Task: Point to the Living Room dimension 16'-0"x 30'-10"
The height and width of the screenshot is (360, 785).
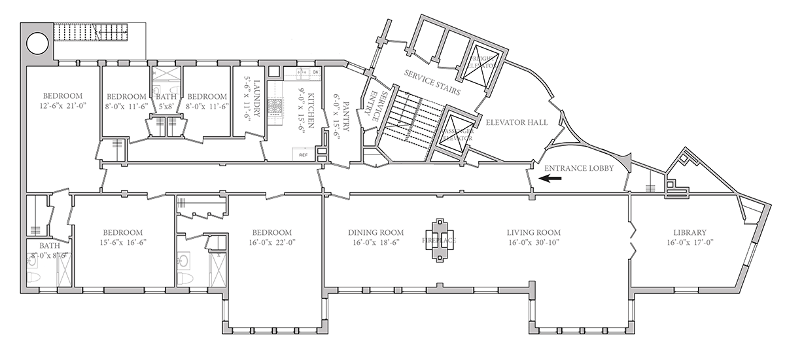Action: (x=533, y=242)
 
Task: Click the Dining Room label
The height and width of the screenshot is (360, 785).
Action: (x=375, y=232)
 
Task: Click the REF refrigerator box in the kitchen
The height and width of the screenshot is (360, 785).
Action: (x=303, y=155)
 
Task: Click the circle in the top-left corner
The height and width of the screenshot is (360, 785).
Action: (x=37, y=44)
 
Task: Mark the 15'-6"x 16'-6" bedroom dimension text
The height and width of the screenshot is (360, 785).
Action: (x=123, y=242)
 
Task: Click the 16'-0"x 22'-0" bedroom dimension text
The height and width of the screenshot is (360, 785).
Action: (x=271, y=242)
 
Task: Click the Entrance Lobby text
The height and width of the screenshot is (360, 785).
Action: (x=579, y=168)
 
